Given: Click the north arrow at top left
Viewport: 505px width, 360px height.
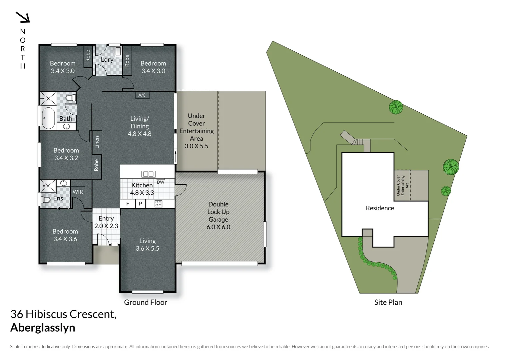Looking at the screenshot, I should pos(23,17).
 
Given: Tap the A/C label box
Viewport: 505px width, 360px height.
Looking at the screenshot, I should pos(142,95).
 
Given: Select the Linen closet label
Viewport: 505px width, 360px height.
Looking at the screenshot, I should pos(97,142).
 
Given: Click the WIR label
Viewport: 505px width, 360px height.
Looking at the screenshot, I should pos(78,192).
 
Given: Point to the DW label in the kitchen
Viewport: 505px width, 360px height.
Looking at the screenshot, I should pos(161,182).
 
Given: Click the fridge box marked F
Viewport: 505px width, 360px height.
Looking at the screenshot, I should pos(128,204).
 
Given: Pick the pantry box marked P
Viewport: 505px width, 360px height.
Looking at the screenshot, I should pos(140,204).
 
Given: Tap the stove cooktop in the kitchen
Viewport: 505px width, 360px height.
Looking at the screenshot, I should pos(158,204).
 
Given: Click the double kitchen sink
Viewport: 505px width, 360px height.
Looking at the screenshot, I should pos(148,174).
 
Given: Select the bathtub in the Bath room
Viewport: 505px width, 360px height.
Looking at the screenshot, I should pos(48,118).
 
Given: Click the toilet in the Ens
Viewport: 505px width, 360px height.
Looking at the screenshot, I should pos(45,199).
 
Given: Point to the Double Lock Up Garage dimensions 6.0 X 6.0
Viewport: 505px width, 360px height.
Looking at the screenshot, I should pos(218,227).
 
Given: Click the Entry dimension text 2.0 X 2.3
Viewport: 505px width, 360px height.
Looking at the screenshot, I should pos(106,226).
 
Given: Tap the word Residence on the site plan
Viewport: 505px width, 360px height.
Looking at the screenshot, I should pos(380,208).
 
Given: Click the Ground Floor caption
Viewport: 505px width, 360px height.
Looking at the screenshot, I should pos(146,302).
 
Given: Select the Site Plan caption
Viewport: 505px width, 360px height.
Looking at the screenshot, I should pos(388,302).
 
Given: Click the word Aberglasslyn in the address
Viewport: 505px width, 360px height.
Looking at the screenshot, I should pos(43,328).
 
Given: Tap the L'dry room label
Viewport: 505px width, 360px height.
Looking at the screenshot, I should pos(107,60).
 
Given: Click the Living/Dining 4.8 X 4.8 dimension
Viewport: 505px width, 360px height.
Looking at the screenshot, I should pos(140,134).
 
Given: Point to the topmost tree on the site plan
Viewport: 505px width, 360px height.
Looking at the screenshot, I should pos(396,107).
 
